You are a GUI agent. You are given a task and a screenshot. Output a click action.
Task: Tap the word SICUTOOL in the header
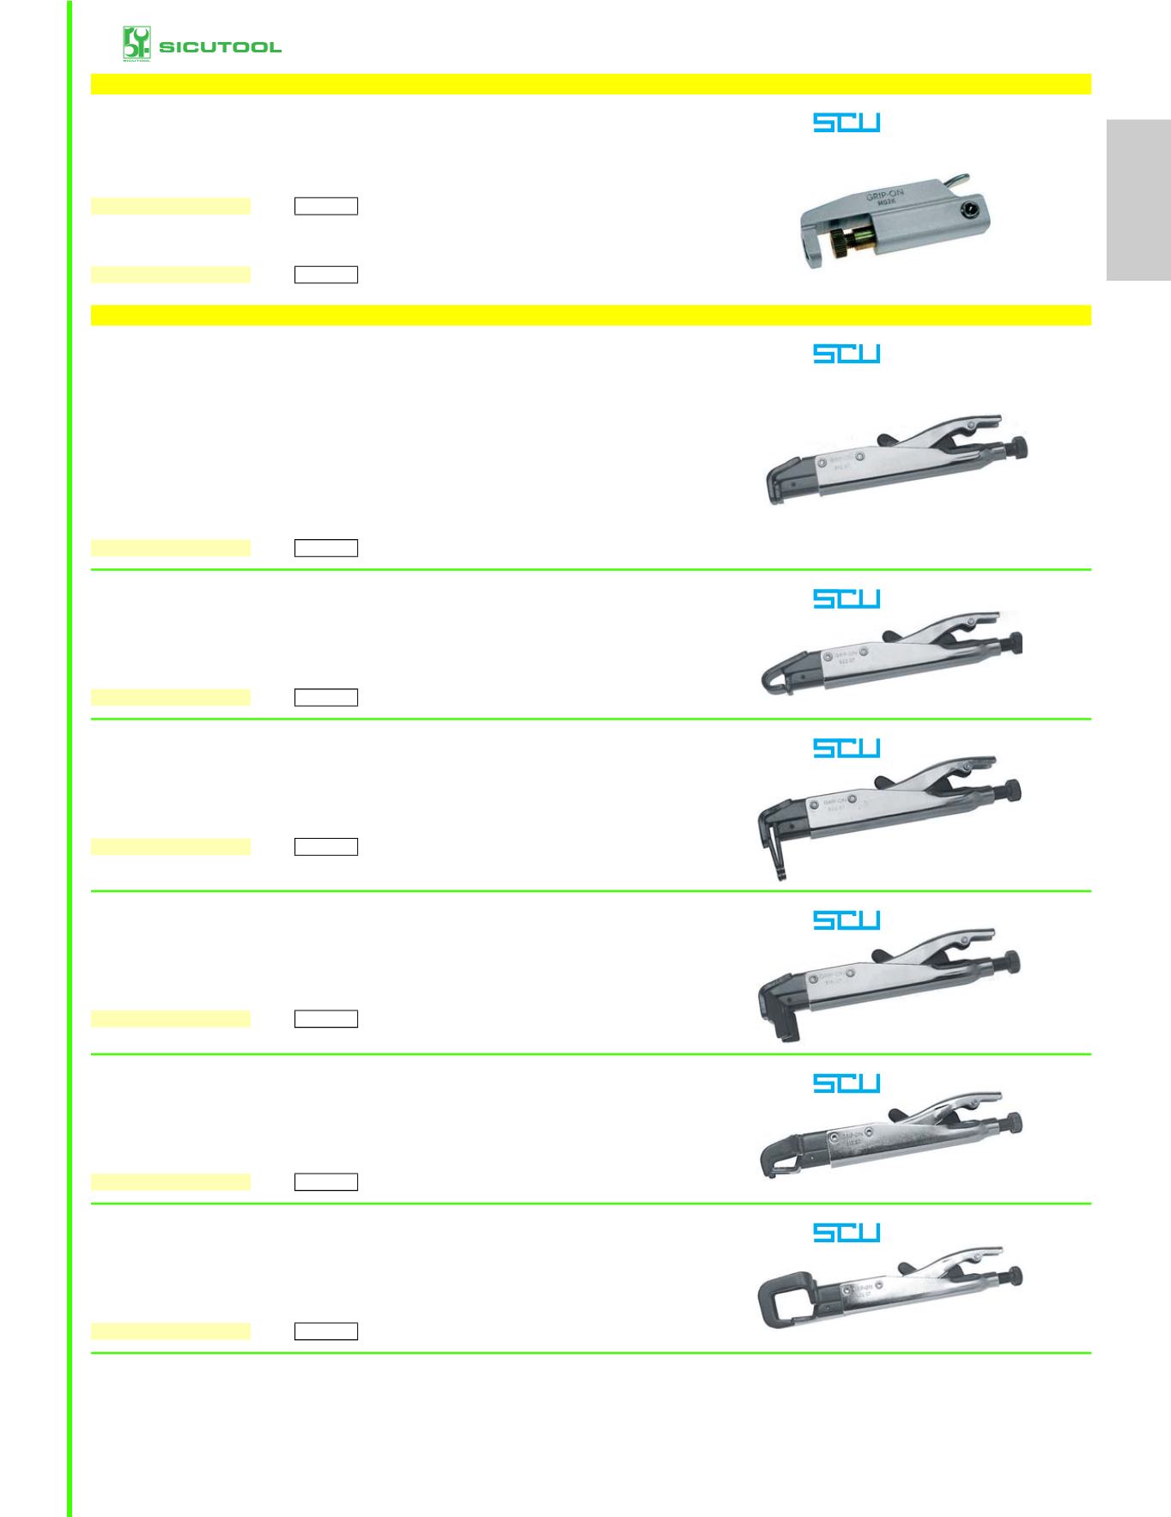point(220,46)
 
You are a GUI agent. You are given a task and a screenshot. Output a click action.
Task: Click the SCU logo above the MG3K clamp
point(846,123)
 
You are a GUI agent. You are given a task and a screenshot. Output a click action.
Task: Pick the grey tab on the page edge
point(1138,201)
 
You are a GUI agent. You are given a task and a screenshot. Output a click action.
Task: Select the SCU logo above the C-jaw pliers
point(846,1232)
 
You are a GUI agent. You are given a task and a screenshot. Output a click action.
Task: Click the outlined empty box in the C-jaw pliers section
point(326,1332)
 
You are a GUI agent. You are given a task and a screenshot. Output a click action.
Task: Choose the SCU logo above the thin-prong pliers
point(846,748)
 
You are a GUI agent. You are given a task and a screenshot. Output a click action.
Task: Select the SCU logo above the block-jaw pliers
point(846,920)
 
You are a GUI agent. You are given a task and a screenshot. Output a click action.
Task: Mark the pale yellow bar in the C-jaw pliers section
point(171,1332)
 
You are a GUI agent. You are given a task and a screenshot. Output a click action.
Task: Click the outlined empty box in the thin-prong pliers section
point(326,846)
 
